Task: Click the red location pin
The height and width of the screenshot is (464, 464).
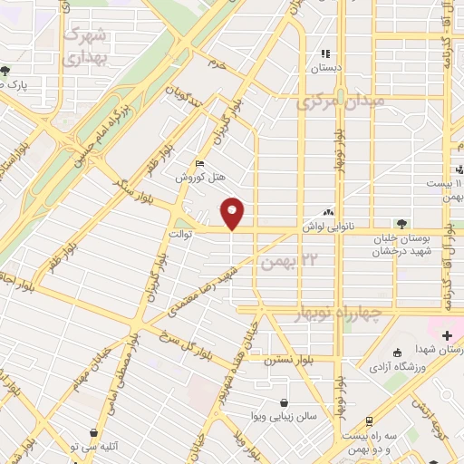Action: [x=234, y=214]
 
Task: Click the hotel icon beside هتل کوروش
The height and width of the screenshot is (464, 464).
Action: [x=199, y=163]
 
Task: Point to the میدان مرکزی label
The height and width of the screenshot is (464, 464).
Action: [x=341, y=101]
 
